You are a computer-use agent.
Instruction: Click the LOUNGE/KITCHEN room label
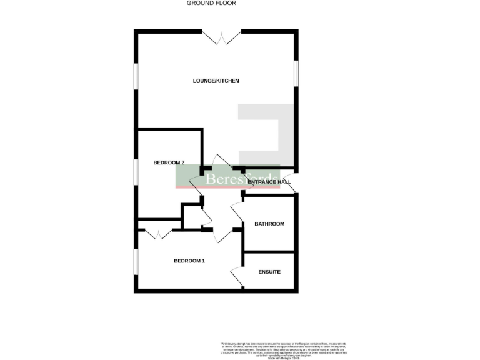[216, 81]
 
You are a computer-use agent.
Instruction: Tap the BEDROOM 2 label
[169, 162]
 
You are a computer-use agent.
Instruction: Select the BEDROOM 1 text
[189, 261]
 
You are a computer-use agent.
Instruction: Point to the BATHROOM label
[269, 224]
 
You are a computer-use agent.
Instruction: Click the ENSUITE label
[269, 272]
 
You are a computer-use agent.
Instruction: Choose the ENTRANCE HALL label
[269, 182]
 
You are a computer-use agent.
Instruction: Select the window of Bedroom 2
[136, 171]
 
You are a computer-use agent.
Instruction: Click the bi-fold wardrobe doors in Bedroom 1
[158, 234]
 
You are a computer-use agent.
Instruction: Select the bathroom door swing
[237, 214]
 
